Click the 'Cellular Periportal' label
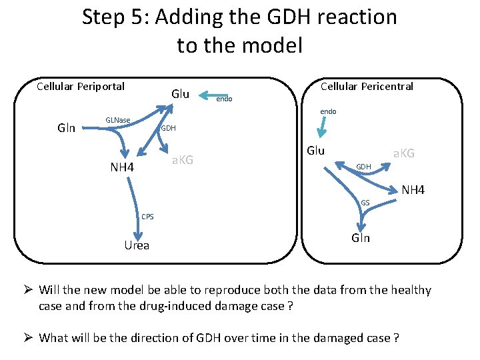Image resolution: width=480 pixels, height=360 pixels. point(80,86)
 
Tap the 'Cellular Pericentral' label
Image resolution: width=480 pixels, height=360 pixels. point(367,86)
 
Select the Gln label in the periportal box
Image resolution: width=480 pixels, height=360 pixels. point(66,128)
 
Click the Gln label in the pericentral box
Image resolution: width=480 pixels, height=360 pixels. point(361,239)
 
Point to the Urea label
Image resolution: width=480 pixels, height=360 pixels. point(137,245)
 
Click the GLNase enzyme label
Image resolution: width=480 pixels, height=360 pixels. point(118,120)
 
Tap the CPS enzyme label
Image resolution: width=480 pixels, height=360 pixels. point(147,215)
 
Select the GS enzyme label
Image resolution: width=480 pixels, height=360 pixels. point(365,202)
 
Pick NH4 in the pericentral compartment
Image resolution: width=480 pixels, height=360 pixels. point(413,191)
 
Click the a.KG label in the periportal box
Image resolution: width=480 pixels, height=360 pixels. point(182,159)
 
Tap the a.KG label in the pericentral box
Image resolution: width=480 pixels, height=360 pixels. point(403,153)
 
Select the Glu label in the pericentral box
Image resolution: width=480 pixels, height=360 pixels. point(315,151)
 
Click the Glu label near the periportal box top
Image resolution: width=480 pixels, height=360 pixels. point(180,93)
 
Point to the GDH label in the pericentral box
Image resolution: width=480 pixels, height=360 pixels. point(363,166)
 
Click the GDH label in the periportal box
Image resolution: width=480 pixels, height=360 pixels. point(167,128)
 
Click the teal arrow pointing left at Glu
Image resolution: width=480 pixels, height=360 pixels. point(214,95)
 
